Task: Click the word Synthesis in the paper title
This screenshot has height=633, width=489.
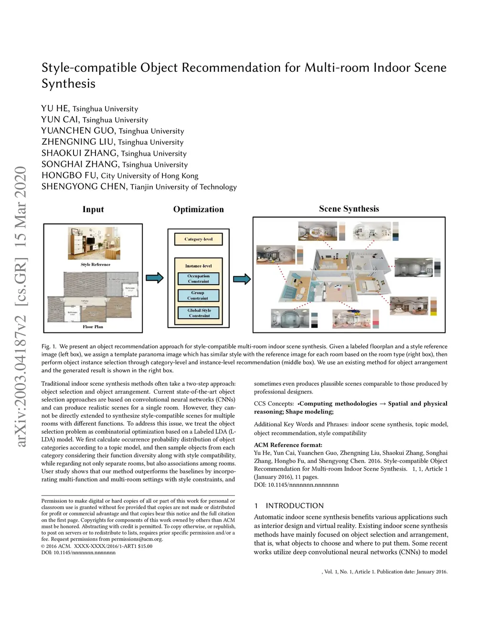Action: [x=68, y=84]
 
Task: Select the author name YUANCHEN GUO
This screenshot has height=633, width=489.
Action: [x=78, y=131]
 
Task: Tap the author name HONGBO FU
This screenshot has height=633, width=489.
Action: [x=69, y=175]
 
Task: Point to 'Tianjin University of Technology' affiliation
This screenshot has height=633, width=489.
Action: [x=183, y=187]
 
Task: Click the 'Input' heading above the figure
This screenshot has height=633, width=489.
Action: [x=93, y=209]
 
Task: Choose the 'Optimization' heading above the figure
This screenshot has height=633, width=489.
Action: [x=198, y=209]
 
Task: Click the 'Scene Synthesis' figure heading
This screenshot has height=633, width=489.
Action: [x=349, y=209]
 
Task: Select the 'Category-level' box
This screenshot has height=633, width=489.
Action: [x=198, y=239]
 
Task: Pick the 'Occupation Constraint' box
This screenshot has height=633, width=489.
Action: [x=198, y=279]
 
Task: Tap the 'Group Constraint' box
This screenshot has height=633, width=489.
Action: [x=198, y=295]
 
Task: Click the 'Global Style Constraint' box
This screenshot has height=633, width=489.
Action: [x=199, y=313]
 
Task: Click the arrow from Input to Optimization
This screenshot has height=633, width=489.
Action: [x=154, y=278]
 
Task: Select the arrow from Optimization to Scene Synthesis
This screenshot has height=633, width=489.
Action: [x=242, y=279]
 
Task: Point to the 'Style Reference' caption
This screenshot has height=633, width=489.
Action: [x=96, y=264]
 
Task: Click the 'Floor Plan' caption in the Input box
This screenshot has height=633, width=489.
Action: [x=93, y=327]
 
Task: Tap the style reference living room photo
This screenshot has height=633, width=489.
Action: [x=94, y=243]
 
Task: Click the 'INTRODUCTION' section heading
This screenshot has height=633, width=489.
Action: [x=294, y=505]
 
